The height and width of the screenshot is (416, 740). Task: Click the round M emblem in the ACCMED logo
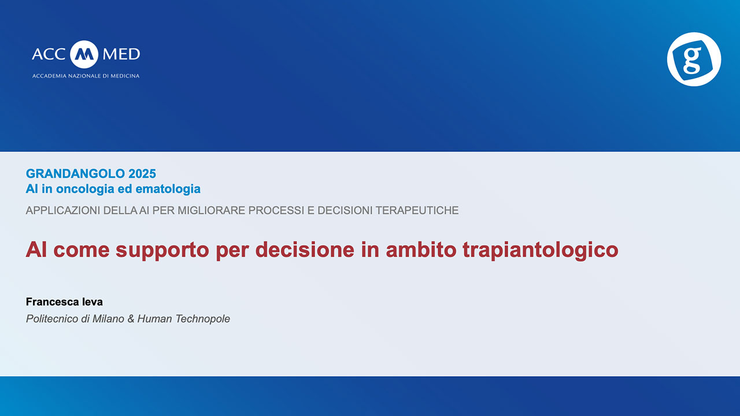pos(84,54)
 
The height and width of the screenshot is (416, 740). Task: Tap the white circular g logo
pos(694,59)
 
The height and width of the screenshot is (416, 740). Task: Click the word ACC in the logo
pos(49,54)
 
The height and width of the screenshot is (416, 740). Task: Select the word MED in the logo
pos(121,54)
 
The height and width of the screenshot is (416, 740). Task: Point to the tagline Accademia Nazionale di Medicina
pos(86,76)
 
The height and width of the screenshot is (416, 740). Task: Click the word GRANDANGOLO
pos(75,174)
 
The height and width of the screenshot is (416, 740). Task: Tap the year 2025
pos(142,174)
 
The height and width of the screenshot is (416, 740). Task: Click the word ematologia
pos(168,189)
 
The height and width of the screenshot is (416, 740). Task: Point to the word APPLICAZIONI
pos(63,210)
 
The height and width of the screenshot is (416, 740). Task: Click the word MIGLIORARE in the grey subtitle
pos(212,210)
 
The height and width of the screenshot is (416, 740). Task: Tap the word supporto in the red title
pos(162,250)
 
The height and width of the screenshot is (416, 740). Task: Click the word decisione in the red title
pos(305,250)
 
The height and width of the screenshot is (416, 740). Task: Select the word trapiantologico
pos(541,250)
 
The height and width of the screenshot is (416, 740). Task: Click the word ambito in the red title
pos(421,250)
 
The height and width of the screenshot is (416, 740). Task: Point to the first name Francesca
pos(53,302)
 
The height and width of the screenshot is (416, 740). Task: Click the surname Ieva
pos(92,302)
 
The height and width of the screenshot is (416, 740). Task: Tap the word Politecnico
pos(52,319)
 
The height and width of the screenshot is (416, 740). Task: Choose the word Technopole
pos(202,319)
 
